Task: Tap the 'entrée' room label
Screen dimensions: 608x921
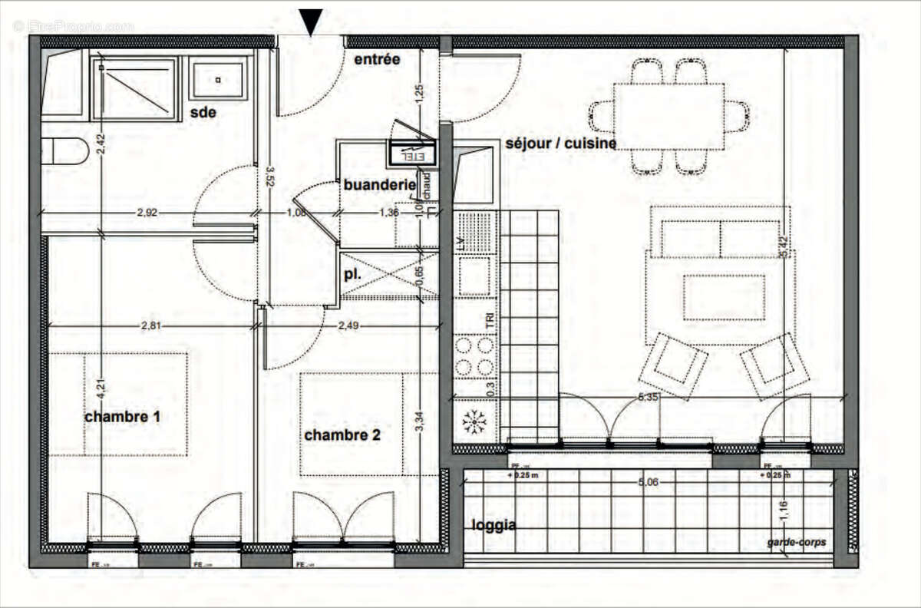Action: click(x=377, y=59)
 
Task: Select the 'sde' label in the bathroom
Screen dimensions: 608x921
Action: click(x=203, y=113)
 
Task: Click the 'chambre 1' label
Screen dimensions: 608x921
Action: click(x=123, y=417)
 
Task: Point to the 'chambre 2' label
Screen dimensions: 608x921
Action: click(x=343, y=435)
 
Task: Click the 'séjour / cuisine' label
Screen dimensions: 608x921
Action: click(x=560, y=144)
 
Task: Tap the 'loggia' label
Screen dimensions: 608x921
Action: click(x=494, y=526)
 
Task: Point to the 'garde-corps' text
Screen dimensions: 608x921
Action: click(x=797, y=542)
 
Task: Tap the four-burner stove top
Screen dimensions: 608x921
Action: click(x=474, y=355)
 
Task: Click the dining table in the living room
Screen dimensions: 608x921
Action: click(x=669, y=116)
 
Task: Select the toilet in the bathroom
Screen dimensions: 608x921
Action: click(x=64, y=151)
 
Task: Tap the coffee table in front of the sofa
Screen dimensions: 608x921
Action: click(x=724, y=298)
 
